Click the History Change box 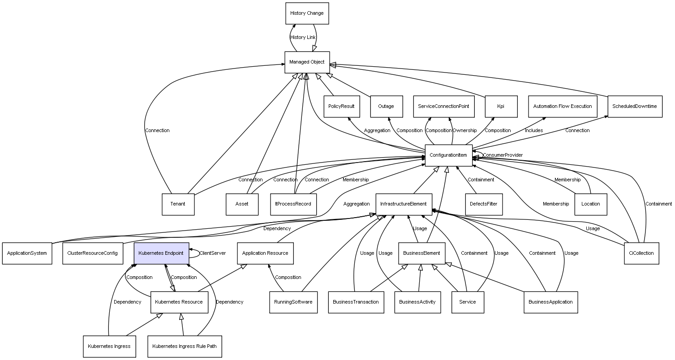(307, 13)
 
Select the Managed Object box (307, 62)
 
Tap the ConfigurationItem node (448, 155)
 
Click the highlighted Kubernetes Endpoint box (161, 253)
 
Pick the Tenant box (178, 204)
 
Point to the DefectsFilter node (483, 204)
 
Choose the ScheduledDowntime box (635, 107)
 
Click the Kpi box (501, 107)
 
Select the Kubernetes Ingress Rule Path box (185, 347)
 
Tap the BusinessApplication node (550, 302)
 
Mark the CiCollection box (641, 253)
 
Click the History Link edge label (303, 38)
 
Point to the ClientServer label (212, 253)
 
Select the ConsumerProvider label (503, 155)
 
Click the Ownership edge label (464, 131)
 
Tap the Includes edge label (534, 131)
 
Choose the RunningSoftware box (293, 302)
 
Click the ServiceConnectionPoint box (443, 107)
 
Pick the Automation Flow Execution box (563, 107)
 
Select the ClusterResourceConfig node (92, 253)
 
